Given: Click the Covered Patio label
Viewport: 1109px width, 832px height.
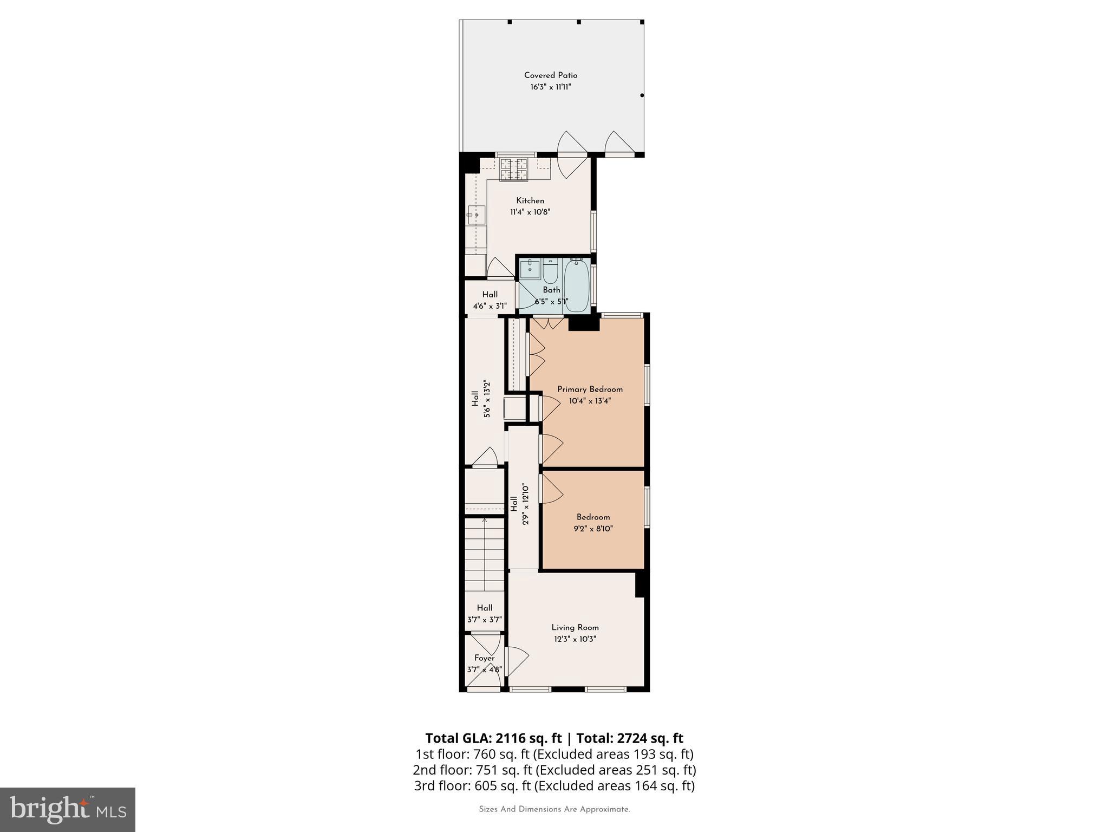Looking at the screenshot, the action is pyautogui.click(x=551, y=75).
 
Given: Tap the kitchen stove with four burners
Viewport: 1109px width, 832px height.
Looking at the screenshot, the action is pyautogui.click(x=513, y=169).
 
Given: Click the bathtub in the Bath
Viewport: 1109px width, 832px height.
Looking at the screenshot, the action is pyautogui.click(x=577, y=285).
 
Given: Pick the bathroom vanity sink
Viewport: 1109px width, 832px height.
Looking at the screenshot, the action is pyautogui.click(x=530, y=268).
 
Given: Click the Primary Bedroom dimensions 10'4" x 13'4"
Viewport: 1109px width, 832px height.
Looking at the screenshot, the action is pyautogui.click(x=590, y=401).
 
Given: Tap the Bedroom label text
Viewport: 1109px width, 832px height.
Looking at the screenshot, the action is pyautogui.click(x=593, y=517).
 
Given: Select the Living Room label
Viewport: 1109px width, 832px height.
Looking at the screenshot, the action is pyautogui.click(x=575, y=627).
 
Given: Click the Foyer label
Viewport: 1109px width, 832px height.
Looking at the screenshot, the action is pyautogui.click(x=484, y=658).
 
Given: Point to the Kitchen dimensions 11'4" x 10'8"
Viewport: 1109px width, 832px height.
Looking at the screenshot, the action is pyautogui.click(x=530, y=212).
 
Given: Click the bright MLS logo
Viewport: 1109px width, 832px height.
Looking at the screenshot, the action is pyautogui.click(x=68, y=809).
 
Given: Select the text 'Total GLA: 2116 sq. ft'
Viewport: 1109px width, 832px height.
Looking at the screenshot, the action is pyautogui.click(x=494, y=738).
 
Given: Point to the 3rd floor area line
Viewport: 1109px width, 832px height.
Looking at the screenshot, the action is pyautogui.click(x=554, y=785).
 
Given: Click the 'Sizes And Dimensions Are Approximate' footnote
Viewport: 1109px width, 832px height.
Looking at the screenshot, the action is pyautogui.click(x=554, y=809).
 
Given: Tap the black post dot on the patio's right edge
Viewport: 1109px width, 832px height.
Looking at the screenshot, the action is pyautogui.click(x=642, y=95).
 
